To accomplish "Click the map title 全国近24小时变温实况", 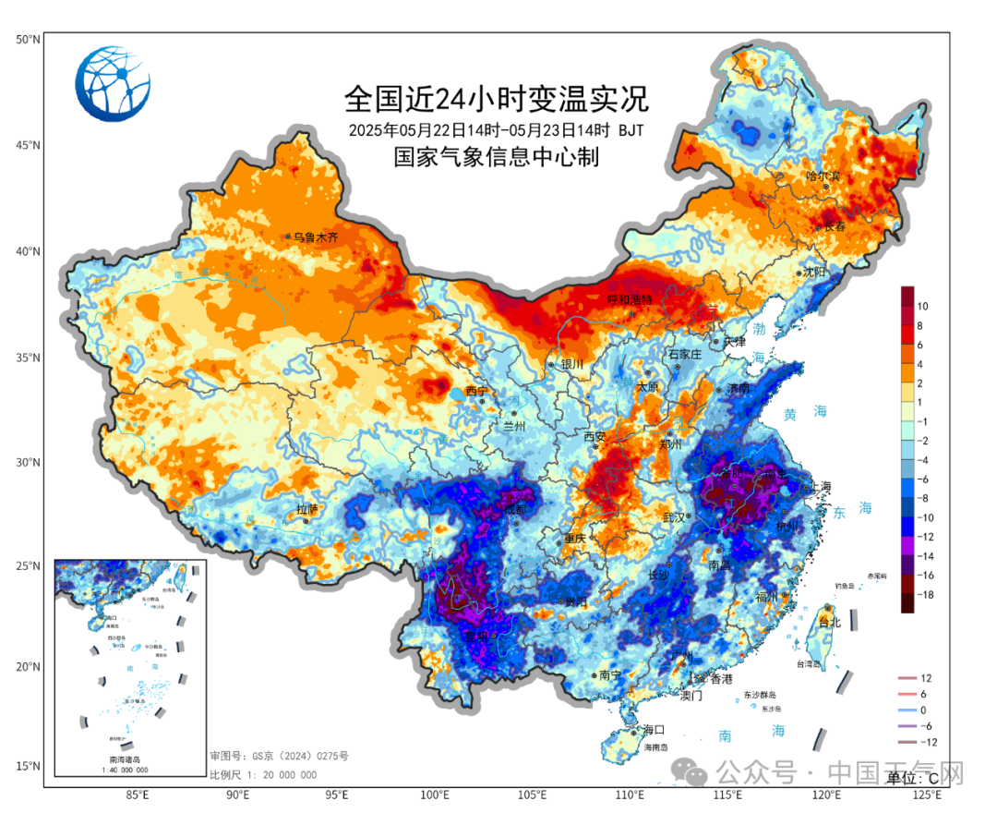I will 496,97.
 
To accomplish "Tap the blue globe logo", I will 113,84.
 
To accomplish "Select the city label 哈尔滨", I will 823,176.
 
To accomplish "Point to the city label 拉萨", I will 306,509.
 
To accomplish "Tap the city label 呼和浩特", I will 629,300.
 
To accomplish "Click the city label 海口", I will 654,729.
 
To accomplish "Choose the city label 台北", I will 830,622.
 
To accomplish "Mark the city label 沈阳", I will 813,272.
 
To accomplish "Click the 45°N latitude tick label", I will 28,145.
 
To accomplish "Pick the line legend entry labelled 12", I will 926,678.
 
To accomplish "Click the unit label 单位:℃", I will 914,778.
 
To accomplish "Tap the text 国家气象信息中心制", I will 496,157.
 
